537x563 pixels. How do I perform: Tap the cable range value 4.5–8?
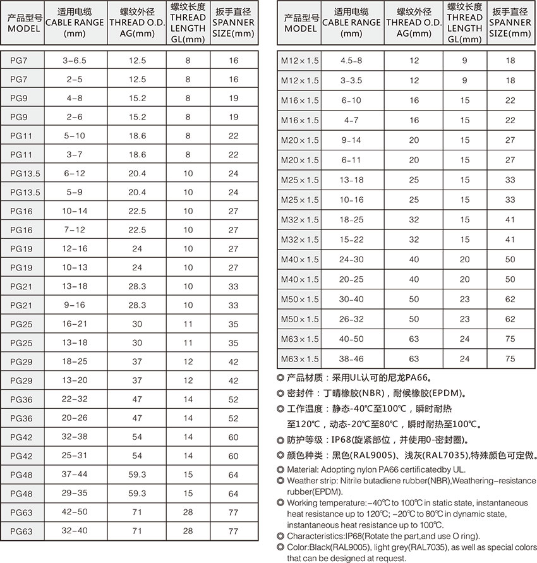pos(351,61)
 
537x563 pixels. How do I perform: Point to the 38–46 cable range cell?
pos(351,359)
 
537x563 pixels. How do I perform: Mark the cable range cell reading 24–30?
pos(351,260)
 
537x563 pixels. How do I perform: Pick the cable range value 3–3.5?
pos(351,81)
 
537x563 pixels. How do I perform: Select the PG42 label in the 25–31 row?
pos(21,456)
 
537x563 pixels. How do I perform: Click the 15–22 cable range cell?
pos(351,240)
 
